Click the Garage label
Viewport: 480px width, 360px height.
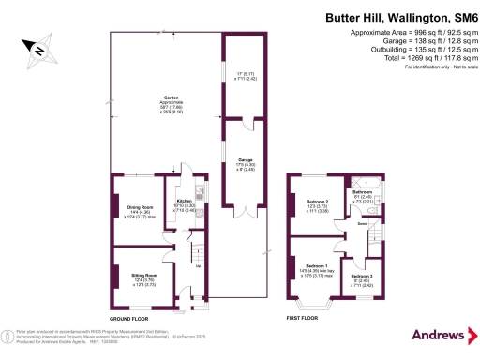point(245,160)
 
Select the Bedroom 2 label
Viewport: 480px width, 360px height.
point(318,201)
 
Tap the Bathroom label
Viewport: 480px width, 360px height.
point(363,191)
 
